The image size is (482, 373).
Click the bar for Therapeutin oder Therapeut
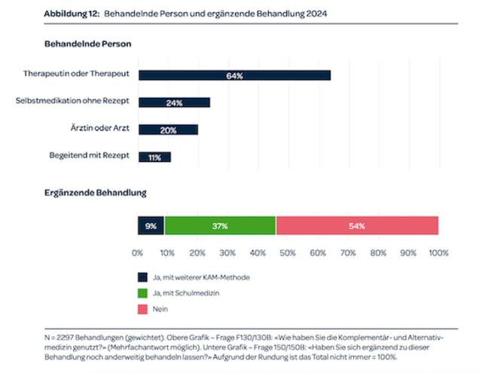point(234,75)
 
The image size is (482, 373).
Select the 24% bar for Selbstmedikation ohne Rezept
point(174,102)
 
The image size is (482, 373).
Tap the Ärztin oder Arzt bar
point(168,130)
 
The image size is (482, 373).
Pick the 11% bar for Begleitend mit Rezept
point(154,157)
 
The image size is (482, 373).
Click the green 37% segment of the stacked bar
point(220,225)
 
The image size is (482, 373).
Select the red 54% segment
point(357,225)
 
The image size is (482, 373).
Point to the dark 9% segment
point(151,225)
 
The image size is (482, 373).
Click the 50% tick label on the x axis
point(288,252)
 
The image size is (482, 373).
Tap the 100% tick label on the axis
point(438,252)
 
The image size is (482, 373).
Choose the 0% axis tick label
point(138,252)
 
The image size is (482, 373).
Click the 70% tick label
point(348,252)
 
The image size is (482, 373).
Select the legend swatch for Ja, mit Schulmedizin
point(142,293)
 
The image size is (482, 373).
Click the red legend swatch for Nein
point(142,309)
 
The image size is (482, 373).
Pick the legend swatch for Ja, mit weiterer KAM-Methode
point(142,277)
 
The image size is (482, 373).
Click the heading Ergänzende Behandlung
point(95,194)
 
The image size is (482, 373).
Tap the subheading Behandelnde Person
point(88,44)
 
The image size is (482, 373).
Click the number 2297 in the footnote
point(69,338)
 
